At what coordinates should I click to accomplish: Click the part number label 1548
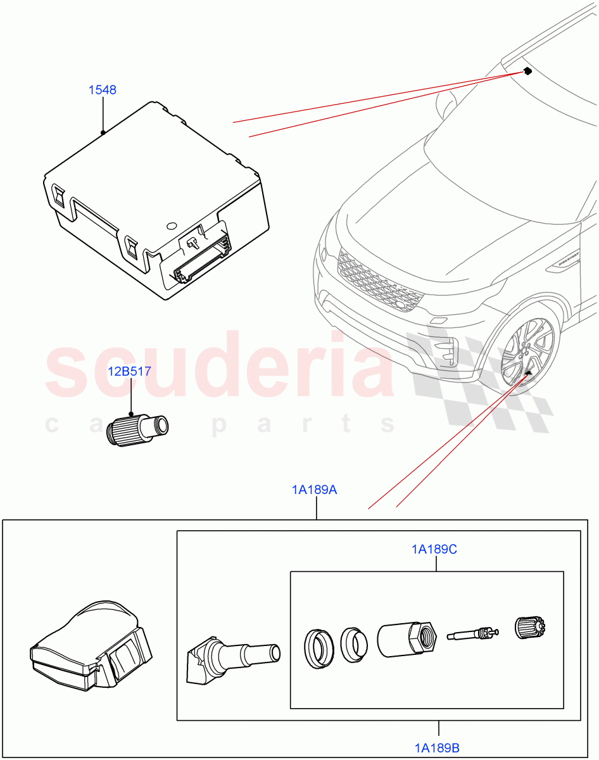click(102, 90)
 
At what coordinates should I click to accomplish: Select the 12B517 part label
click(129, 371)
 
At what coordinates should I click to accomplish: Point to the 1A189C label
click(434, 550)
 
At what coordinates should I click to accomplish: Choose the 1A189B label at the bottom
click(438, 747)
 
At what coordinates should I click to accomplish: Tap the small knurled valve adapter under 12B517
click(137, 431)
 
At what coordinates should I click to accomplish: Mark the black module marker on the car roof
click(527, 71)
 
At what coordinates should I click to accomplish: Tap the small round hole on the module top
click(170, 225)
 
